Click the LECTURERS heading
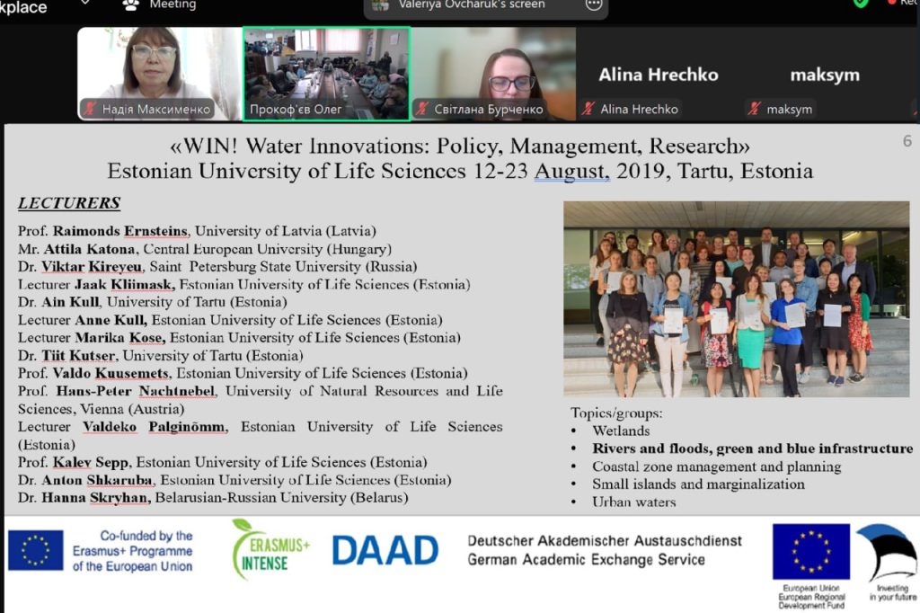tap(69, 203)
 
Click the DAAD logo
tap(385, 551)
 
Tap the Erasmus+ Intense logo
tap(270, 549)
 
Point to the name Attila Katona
tap(89, 249)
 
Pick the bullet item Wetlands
tap(621, 431)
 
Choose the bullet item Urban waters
tap(633, 502)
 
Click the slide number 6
tap(907, 141)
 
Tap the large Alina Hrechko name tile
tap(659, 75)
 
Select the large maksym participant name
tap(825, 76)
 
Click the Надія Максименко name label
tap(156, 110)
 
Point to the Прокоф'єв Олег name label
tap(296, 110)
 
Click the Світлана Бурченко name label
tap(489, 110)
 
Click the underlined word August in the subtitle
tap(571, 172)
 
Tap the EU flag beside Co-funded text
tap(36, 551)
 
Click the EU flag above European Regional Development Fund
tap(811, 551)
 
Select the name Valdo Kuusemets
tap(111, 373)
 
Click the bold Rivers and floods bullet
tap(753, 449)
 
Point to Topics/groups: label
tap(616, 413)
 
